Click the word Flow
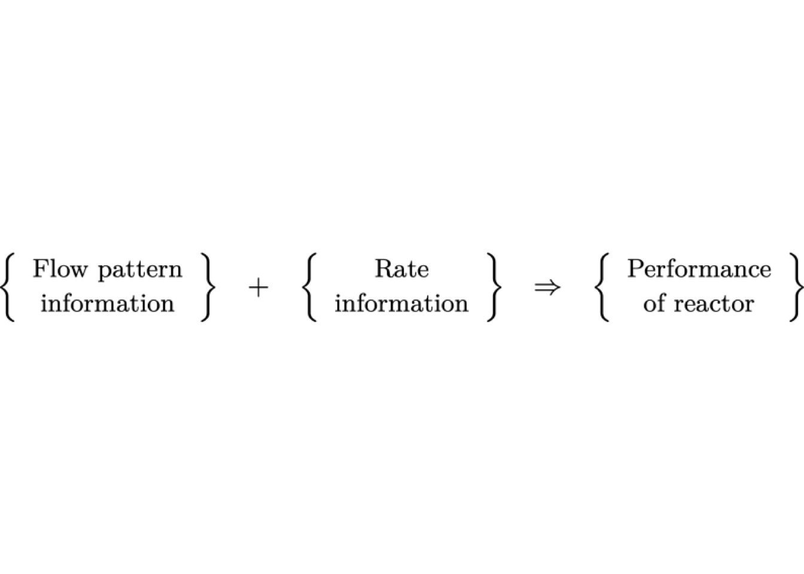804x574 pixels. click(60, 268)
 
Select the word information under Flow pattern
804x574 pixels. click(107, 304)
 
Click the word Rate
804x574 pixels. click(401, 268)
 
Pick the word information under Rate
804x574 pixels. click(401, 304)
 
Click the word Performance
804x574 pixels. click(699, 268)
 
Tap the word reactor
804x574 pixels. click(714, 305)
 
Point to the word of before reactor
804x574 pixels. click(656, 304)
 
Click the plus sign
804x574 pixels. click(258, 288)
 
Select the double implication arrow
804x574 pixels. click(547, 288)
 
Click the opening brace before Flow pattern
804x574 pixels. click(7, 287)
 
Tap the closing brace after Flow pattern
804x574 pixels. click(208, 287)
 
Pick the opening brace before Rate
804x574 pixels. click(309, 287)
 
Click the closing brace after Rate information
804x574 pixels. click(494, 287)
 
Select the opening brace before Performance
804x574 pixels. click(602, 287)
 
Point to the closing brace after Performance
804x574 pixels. click(796, 287)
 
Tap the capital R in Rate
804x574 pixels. click(385, 268)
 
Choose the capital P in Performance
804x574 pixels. click(636, 268)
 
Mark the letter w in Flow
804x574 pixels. click(78, 272)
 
